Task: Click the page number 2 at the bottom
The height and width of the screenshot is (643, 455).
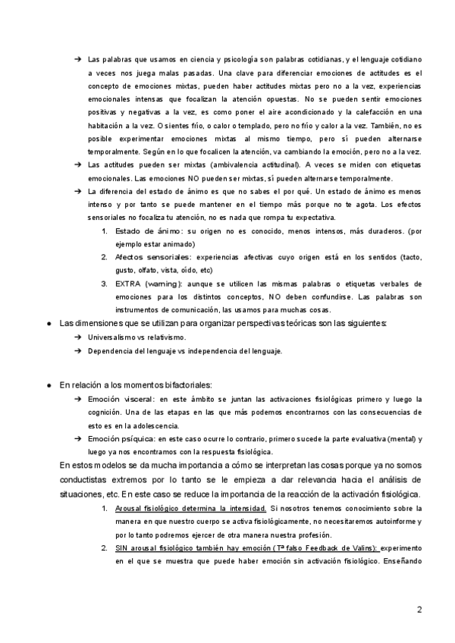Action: (x=419, y=609)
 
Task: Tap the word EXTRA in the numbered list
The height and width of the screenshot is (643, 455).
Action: (x=127, y=284)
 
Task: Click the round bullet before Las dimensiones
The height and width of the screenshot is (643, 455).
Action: (x=48, y=324)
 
